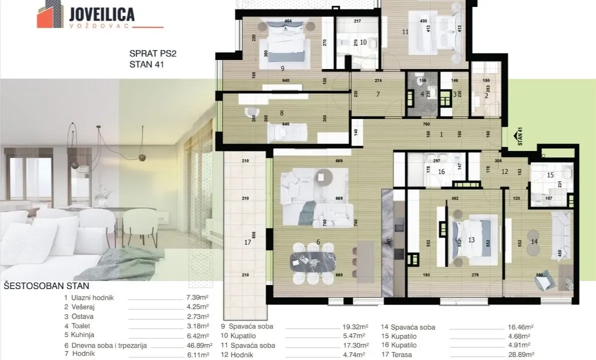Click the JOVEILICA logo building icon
pyautogui.click(x=50, y=16)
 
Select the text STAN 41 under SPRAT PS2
pyautogui.click(x=146, y=64)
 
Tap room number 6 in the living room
pyautogui.click(x=318, y=242)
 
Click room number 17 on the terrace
pyautogui.click(x=247, y=243)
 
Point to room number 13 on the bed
pyautogui.click(x=471, y=240)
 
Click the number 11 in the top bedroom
pyautogui.click(x=405, y=32)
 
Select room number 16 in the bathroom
pyautogui.click(x=441, y=171)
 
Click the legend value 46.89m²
pyautogui.click(x=198, y=345)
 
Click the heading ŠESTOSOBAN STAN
pyautogui.click(x=47, y=286)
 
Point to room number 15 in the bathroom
pyautogui.click(x=550, y=175)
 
